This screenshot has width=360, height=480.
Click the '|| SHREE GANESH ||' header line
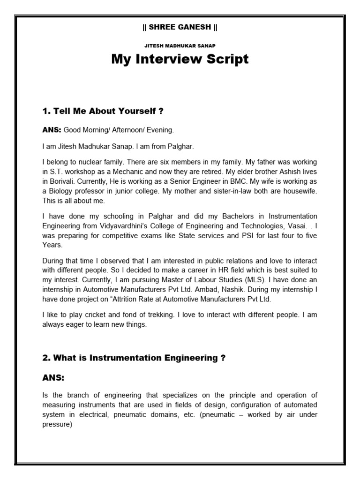[x=180, y=27]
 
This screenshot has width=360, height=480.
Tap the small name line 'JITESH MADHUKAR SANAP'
[x=180, y=45]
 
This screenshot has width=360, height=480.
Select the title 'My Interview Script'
[x=180, y=60]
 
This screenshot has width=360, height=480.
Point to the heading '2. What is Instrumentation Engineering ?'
[x=134, y=358]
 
